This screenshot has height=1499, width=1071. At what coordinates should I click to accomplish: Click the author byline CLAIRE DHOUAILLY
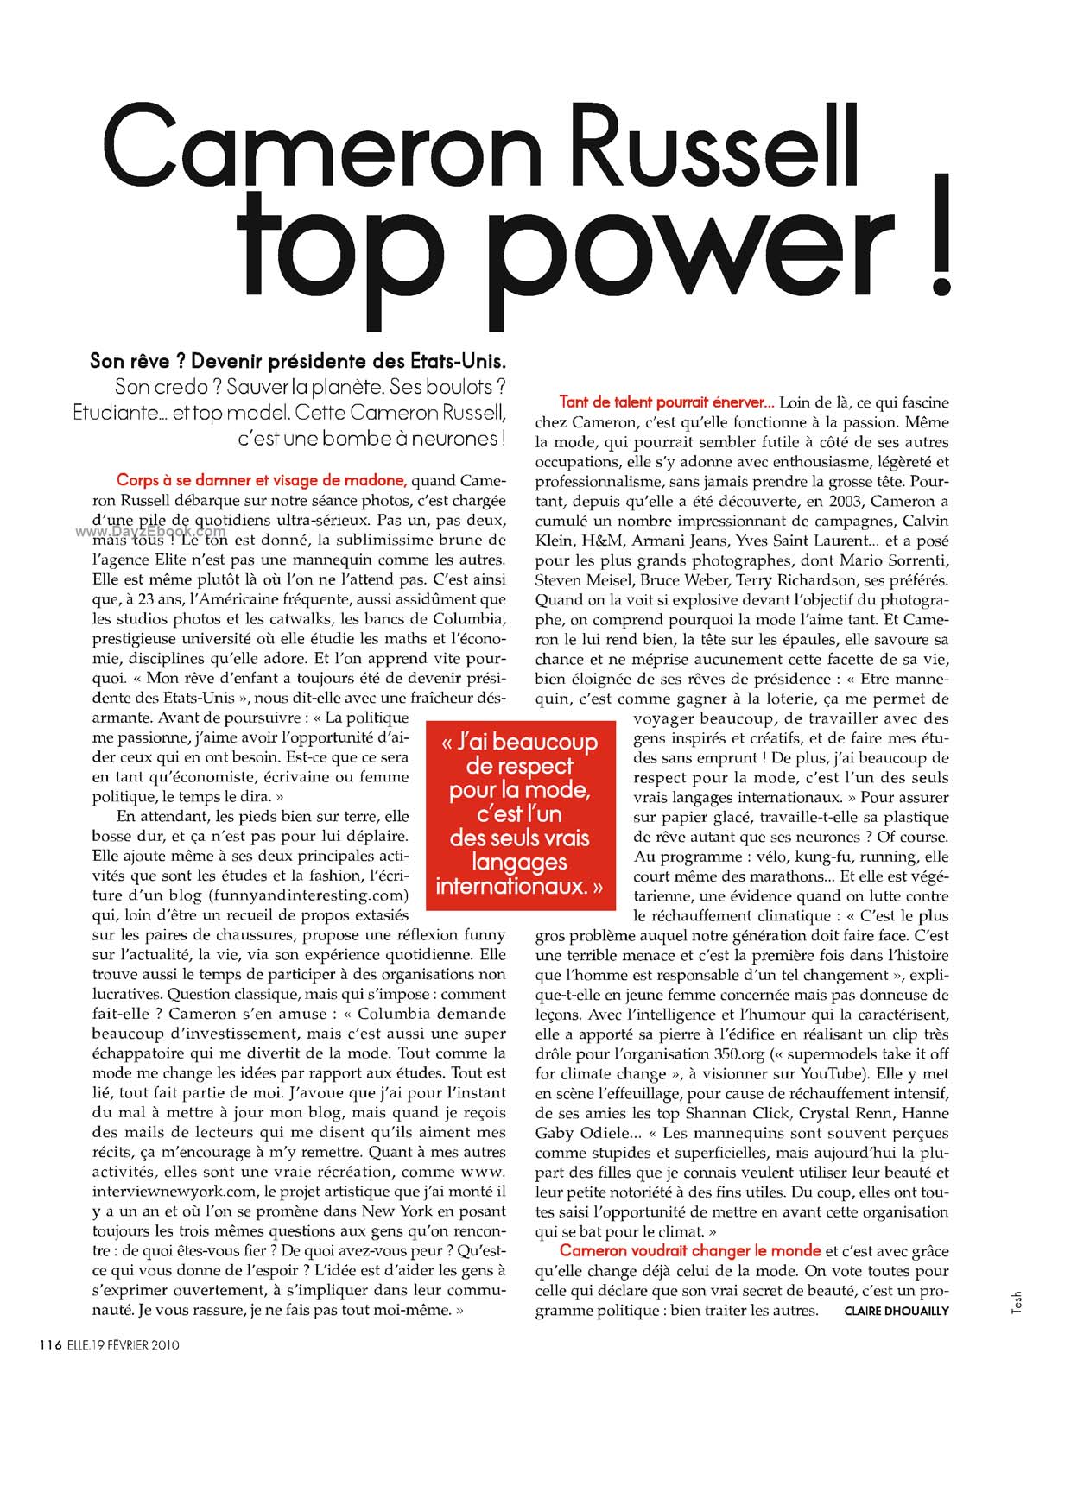click(x=897, y=1311)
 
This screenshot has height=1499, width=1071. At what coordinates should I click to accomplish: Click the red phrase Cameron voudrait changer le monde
click(x=689, y=1250)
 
